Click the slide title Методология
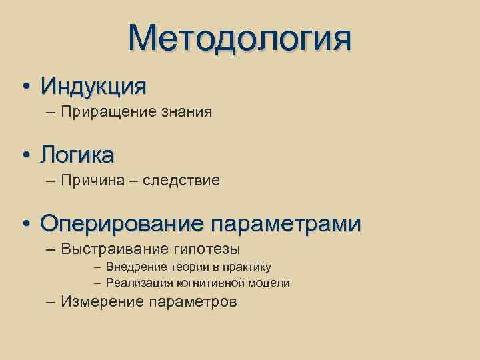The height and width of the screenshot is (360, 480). tap(240, 38)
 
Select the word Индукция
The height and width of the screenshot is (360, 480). tap(93, 86)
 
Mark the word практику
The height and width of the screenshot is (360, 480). tap(247, 267)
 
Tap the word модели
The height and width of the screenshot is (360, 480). tap(269, 283)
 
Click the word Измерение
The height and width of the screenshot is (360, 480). tap(96, 302)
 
